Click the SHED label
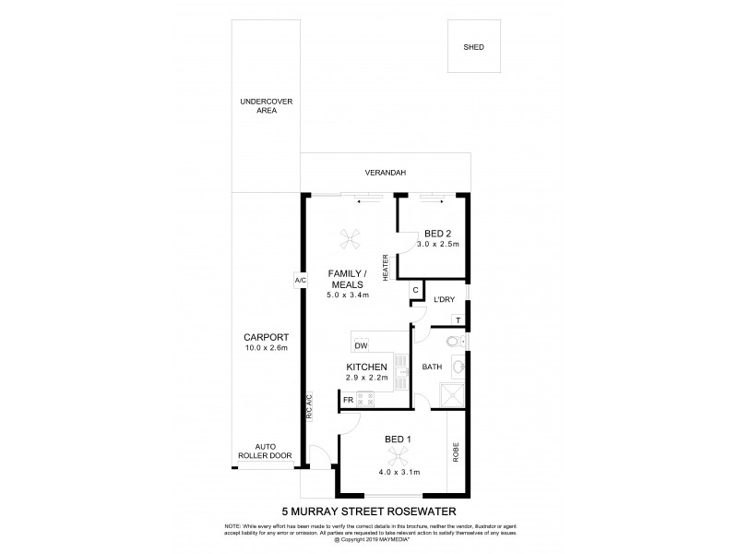click(x=474, y=47)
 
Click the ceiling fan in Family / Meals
click(x=349, y=240)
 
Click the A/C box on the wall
click(x=301, y=281)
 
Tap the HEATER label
click(x=387, y=264)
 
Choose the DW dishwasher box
click(x=361, y=345)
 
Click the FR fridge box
click(x=349, y=400)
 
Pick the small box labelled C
click(x=416, y=290)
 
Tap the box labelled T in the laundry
click(x=458, y=320)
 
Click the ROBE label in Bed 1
click(x=457, y=452)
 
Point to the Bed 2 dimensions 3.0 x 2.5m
click(x=436, y=245)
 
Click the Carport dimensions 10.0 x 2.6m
click(x=266, y=348)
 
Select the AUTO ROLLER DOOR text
click(x=266, y=452)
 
